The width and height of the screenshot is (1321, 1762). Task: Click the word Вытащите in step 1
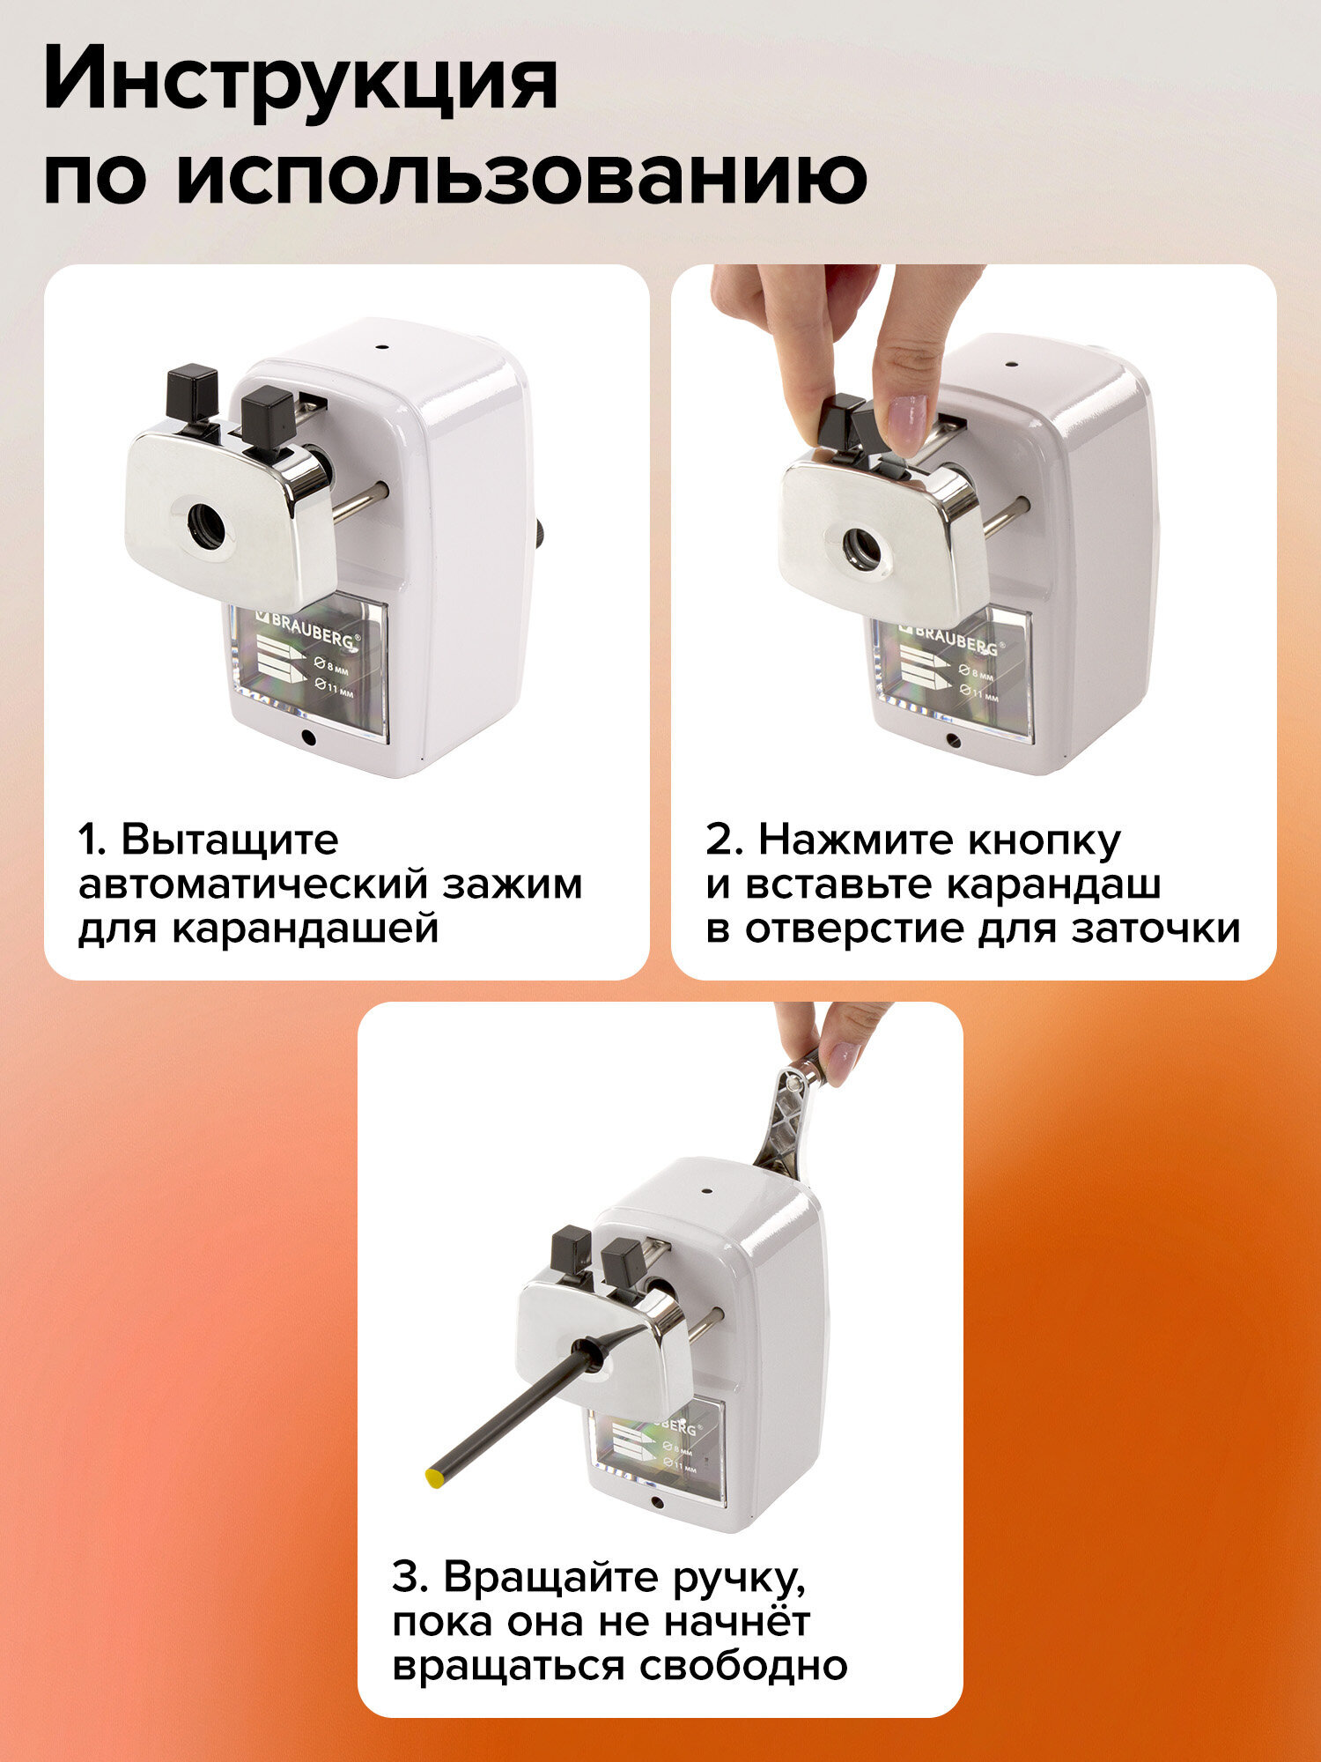[x=230, y=840]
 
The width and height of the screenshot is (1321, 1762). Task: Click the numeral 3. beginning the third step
[x=410, y=1577]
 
